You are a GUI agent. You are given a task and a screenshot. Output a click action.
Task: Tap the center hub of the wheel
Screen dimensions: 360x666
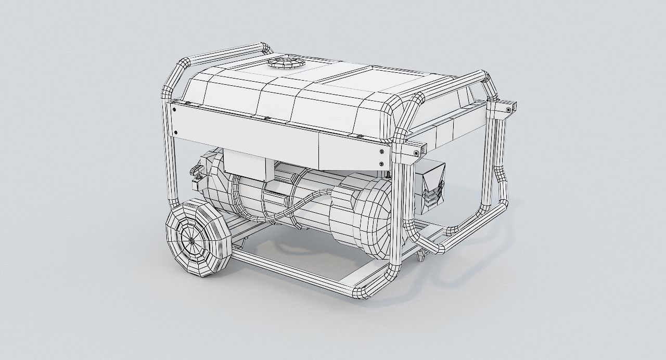tap(191, 241)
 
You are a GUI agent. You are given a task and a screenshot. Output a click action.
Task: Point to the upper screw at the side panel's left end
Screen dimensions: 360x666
tap(174, 110)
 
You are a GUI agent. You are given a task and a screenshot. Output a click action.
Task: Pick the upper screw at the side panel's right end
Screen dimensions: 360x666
tap(382, 151)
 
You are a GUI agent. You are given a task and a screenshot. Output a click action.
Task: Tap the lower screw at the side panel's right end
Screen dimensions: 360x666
tap(382, 164)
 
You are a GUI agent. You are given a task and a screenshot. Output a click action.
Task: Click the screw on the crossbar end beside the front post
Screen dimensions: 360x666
tap(416, 153)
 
